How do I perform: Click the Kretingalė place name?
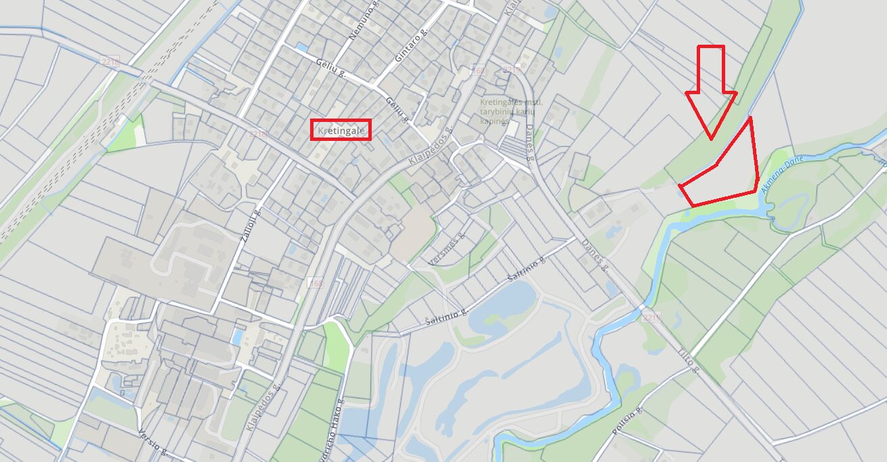tap(341, 129)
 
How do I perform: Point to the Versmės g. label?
tap(448, 249)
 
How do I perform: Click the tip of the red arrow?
tap(711, 139)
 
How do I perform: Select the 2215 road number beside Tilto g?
tap(651, 317)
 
